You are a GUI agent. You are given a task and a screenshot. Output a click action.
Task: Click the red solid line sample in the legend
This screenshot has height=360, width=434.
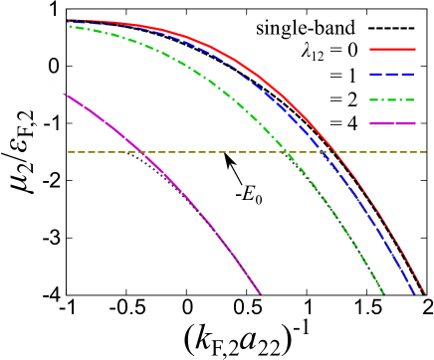click(x=392, y=49)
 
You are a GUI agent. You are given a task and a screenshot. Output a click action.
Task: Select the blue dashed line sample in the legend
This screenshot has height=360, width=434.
click(x=392, y=74)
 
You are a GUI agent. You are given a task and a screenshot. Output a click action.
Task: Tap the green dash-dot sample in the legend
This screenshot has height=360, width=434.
click(x=392, y=99)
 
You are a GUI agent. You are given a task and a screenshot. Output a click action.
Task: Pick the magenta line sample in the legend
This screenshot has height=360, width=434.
click(x=392, y=123)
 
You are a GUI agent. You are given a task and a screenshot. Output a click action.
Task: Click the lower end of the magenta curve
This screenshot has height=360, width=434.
click(x=260, y=293)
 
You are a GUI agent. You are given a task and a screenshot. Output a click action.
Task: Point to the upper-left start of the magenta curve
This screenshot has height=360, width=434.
click(x=66, y=94)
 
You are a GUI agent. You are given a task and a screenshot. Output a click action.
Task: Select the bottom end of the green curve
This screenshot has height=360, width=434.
click(x=383, y=293)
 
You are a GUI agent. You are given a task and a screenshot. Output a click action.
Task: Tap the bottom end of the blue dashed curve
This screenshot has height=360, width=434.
click(x=414, y=293)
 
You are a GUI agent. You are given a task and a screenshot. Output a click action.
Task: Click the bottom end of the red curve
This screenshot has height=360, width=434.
click(x=425, y=293)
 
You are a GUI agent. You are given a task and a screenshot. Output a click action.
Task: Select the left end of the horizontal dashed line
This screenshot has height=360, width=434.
click(x=69, y=152)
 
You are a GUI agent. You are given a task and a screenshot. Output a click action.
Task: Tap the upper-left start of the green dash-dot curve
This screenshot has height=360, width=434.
click(x=69, y=26)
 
